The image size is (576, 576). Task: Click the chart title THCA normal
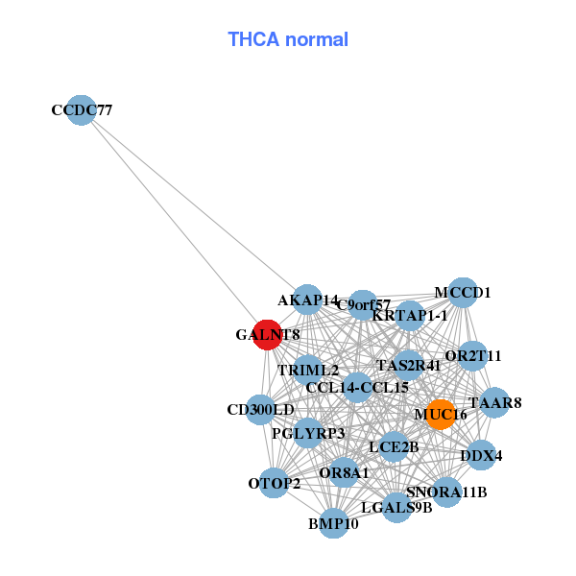[x=287, y=39]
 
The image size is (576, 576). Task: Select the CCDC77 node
[x=82, y=110]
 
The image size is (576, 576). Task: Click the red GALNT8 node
[x=267, y=335]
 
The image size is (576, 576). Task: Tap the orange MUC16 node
[x=440, y=414]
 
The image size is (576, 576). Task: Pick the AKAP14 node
[x=307, y=300]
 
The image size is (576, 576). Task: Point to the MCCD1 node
[x=463, y=293]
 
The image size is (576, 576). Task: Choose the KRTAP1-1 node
[x=410, y=315]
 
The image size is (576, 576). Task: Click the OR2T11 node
[x=472, y=356]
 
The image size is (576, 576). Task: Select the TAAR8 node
[x=494, y=402]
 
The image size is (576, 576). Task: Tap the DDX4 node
[x=481, y=455]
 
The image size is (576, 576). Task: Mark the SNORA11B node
[x=446, y=492]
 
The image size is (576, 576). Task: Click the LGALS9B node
[x=396, y=507]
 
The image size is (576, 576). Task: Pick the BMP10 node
[x=332, y=523]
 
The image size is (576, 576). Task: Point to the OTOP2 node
[x=275, y=483]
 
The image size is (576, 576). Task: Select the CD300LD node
[x=260, y=410]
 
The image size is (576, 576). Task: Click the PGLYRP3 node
[x=308, y=433]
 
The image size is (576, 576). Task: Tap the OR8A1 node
[x=344, y=471]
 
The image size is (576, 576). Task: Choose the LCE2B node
[x=394, y=446]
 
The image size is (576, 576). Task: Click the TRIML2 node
[x=308, y=370]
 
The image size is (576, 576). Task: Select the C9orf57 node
[x=362, y=305]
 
